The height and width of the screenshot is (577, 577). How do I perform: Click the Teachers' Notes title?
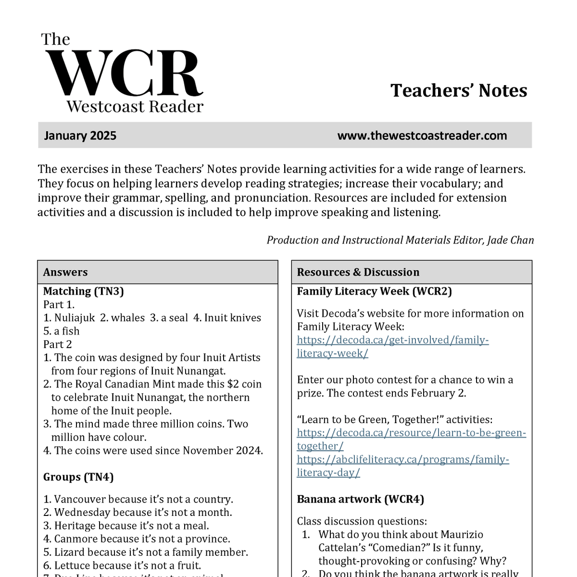click(x=459, y=90)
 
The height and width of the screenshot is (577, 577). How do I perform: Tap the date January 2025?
click(x=80, y=136)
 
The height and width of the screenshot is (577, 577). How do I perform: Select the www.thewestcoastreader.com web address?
click(x=422, y=136)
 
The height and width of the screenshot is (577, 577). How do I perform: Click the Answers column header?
click(x=65, y=272)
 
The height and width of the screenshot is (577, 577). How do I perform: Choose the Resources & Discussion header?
click(x=358, y=272)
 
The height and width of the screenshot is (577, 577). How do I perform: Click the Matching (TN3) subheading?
click(x=83, y=291)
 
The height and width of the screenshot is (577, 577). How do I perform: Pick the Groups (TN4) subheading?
click(x=78, y=477)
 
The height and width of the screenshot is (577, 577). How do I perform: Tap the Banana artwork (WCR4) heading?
click(x=360, y=499)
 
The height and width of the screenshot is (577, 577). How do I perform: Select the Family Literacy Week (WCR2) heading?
click(x=374, y=291)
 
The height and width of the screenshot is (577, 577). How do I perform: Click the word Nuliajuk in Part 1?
click(x=75, y=318)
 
